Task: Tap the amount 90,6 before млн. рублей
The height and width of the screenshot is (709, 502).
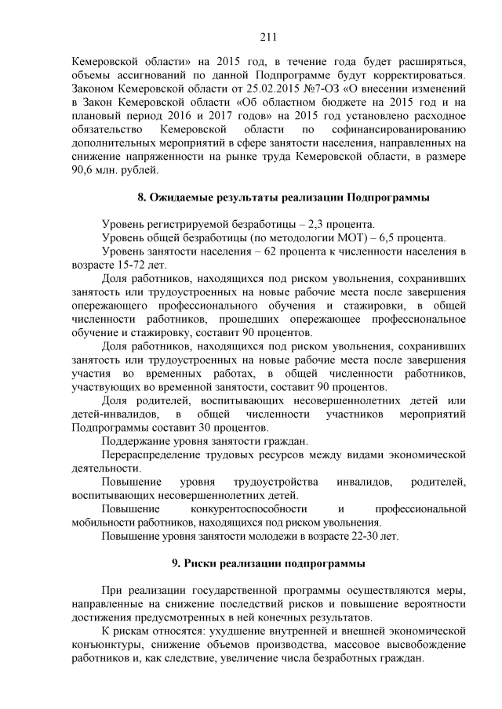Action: [82, 170]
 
